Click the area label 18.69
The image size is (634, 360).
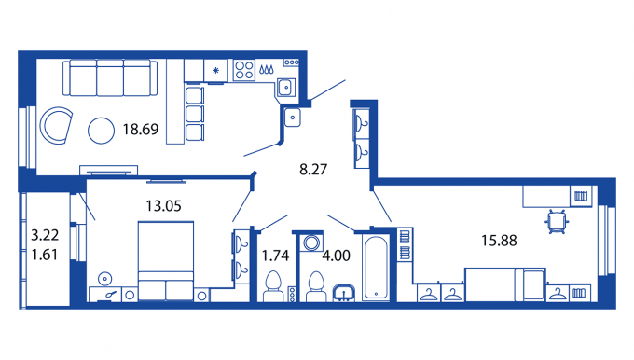(141, 130)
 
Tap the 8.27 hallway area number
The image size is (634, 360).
(313, 169)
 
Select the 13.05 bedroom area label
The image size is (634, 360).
(164, 206)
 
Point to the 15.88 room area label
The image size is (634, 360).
(499, 241)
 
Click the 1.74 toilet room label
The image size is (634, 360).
(275, 256)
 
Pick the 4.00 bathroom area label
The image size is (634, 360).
(336, 256)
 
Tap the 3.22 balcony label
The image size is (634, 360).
(45, 235)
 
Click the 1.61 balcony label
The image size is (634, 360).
(45, 255)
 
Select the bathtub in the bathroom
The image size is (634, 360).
(376, 268)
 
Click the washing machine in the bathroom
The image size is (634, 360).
(310, 242)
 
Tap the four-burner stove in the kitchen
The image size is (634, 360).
(244, 70)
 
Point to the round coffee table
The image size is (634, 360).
(101, 131)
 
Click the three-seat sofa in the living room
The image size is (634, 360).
(110, 78)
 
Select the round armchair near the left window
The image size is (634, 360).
(56, 125)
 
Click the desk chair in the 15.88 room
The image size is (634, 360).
(557, 221)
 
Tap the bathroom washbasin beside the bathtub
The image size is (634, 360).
(344, 293)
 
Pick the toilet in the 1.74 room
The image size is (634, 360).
(273, 286)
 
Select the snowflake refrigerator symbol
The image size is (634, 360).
(215, 71)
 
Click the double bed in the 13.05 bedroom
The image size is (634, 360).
(166, 261)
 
